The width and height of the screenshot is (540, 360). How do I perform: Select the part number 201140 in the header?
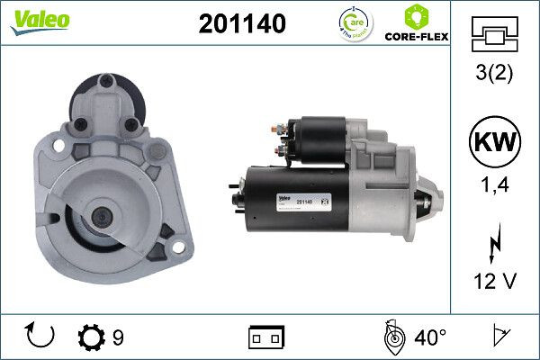click(x=241, y=25)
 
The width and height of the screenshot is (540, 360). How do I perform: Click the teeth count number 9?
click(x=119, y=337)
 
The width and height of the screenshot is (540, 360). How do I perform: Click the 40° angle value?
click(x=429, y=337)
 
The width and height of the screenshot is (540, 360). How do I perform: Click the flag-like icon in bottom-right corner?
click(x=500, y=337)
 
